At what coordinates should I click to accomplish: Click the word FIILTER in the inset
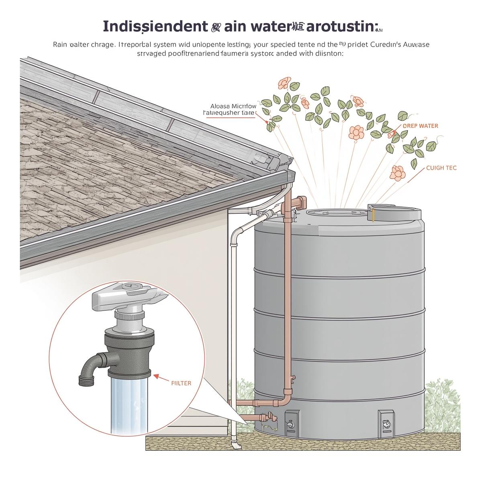(x=181, y=383)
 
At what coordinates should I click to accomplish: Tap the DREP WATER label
(x=420, y=126)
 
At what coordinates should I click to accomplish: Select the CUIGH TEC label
(x=441, y=168)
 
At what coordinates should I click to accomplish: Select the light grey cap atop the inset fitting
(x=129, y=296)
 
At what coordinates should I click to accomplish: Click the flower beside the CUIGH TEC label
(x=397, y=173)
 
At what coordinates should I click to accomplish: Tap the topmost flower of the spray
(x=284, y=83)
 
